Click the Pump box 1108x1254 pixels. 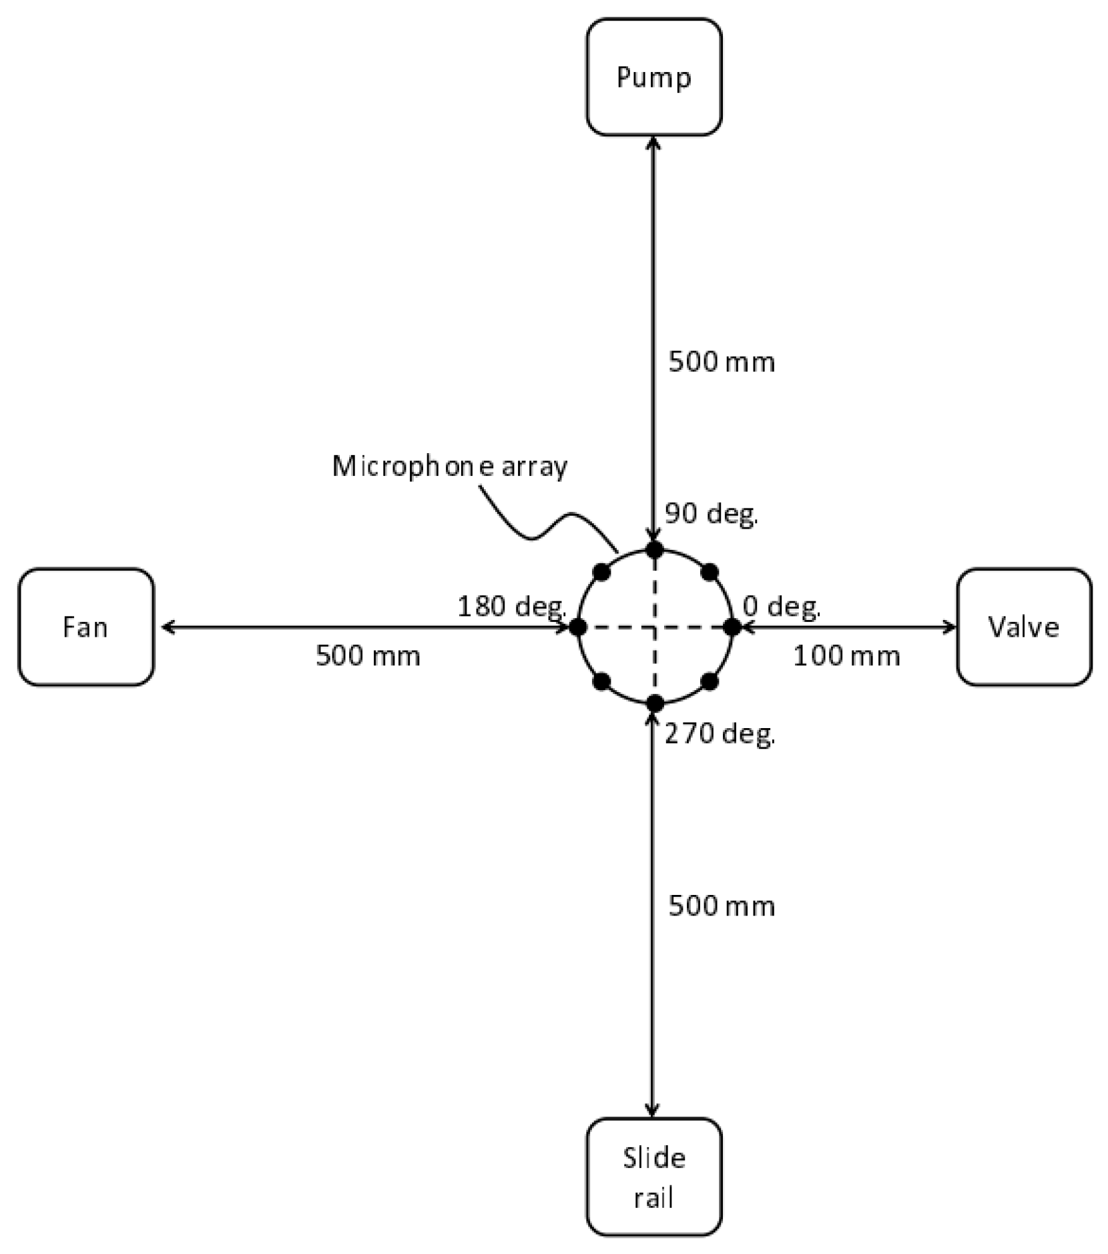(653, 77)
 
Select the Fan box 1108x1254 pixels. (85, 627)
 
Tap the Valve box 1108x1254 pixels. (1024, 627)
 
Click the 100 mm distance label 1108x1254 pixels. (846, 657)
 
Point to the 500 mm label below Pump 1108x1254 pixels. (722, 362)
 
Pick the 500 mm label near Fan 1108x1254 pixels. (368, 657)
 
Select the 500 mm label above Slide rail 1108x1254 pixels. (722, 906)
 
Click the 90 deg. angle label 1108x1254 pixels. (711, 514)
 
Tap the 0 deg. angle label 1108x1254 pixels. (781, 607)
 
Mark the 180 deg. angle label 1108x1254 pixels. (511, 607)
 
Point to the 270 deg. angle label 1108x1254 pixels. (720, 734)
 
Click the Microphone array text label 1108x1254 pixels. (449, 466)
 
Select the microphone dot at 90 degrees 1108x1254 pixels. (655, 551)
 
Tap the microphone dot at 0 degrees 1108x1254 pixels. (732, 627)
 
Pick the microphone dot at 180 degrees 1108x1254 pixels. (578, 627)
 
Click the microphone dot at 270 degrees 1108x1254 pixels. (655, 703)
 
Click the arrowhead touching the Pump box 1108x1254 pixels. (653, 142)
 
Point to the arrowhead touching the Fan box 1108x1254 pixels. (168, 627)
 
